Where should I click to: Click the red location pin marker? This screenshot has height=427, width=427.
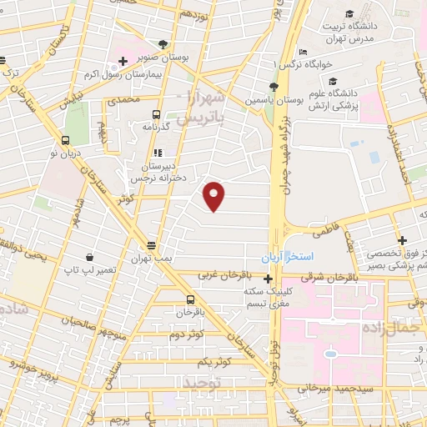click(215, 197)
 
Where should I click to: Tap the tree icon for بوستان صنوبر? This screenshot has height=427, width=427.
click(163, 44)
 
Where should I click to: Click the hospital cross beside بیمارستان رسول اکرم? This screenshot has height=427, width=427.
click(123, 61)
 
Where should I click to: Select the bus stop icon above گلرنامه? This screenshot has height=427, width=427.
click(155, 114)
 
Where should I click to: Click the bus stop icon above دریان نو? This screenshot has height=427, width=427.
click(66, 140)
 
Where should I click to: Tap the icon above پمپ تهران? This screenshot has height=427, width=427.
click(151, 246)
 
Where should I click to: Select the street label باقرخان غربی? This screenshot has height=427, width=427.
click(231, 274)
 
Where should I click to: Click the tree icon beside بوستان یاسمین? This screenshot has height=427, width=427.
click(274, 86)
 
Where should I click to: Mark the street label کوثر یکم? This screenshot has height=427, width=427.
click(213, 361)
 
